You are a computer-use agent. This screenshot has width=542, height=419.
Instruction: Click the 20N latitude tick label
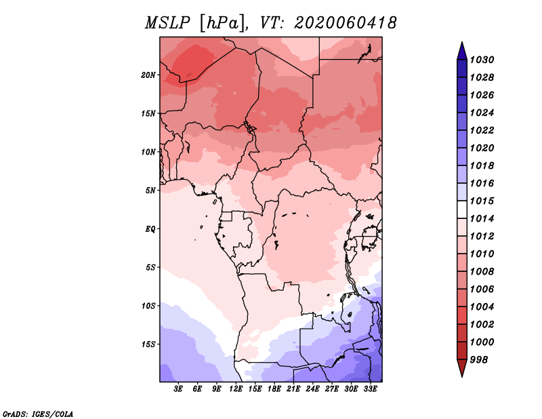click(148, 75)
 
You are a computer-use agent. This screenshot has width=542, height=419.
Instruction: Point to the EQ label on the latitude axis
click(150, 229)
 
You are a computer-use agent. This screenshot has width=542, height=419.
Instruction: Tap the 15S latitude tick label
click(148, 344)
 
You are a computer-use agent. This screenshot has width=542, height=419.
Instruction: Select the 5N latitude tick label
click(150, 191)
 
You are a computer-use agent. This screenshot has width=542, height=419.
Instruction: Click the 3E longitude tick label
click(179, 389)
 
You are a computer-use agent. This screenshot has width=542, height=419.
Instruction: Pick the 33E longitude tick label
click(370, 389)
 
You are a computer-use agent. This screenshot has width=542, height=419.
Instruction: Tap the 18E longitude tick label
click(274, 389)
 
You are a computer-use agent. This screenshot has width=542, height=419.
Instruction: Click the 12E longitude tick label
click(236, 389)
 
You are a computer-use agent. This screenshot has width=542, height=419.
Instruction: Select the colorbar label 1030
click(484, 60)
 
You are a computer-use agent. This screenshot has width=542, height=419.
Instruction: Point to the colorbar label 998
click(481, 359)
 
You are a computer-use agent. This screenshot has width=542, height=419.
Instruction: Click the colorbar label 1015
click(484, 201)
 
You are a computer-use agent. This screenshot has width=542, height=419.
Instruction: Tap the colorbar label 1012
click(484, 237)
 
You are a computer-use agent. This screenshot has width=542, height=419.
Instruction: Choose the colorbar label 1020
click(484, 148)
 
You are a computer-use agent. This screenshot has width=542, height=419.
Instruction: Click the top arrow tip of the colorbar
click(461, 43)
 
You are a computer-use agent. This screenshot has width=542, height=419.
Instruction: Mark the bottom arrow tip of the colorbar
click(461, 376)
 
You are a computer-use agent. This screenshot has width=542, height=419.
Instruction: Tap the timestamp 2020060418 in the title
click(345, 23)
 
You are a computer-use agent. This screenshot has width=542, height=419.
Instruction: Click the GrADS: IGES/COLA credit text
click(37, 413)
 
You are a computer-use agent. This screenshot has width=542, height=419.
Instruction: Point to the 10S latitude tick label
click(148, 306)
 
